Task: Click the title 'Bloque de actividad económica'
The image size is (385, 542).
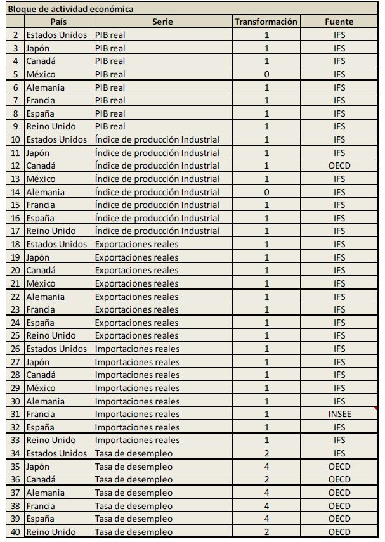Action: (71, 9)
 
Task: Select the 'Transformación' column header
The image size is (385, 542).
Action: (266, 22)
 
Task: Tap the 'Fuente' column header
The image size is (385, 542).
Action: (339, 22)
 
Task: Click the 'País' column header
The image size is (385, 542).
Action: (58, 22)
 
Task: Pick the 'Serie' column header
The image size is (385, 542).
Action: (162, 22)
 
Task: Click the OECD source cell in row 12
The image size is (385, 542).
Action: (339, 165)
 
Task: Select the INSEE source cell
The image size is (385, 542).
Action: (339, 414)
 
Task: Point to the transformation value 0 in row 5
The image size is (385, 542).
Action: (266, 74)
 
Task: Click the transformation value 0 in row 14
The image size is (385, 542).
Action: (266, 192)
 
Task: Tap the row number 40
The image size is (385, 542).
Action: (15, 532)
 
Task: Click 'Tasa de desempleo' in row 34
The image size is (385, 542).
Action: (133, 453)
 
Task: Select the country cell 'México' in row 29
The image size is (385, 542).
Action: (41, 388)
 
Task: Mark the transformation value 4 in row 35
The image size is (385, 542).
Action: (266, 467)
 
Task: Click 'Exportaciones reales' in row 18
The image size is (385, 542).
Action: (136, 244)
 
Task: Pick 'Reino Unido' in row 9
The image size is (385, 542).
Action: (51, 126)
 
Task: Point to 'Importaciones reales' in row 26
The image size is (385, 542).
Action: (137, 349)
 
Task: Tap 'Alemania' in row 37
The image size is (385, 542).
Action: (45, 493)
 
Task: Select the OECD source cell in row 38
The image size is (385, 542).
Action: (339, 506)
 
